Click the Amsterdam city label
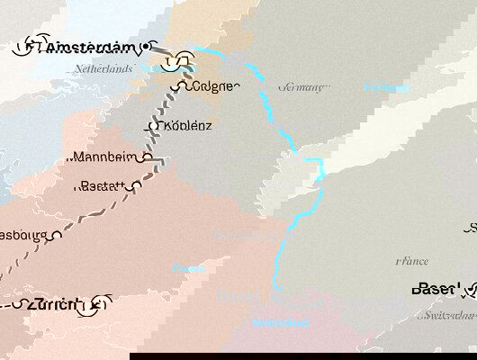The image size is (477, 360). tap(87, 47)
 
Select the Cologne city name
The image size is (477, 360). tap(215, 86)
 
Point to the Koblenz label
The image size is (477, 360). tap(188, 125)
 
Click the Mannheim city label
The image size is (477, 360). tap(105, 156)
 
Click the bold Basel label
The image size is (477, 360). tap(436, 289)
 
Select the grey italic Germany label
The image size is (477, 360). tap(304, 87)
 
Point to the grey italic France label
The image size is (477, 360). tap(413, 261)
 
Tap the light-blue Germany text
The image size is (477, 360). tap(386, 87)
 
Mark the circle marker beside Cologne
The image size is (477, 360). tap(184, 87)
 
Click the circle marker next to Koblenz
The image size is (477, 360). tap(154, 125)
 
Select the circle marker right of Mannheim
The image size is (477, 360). tap(146, 156)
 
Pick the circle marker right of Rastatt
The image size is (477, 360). tap(137, 185)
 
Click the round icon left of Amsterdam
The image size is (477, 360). tap(31, 45)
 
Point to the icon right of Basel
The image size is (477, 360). tap(470, 290)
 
